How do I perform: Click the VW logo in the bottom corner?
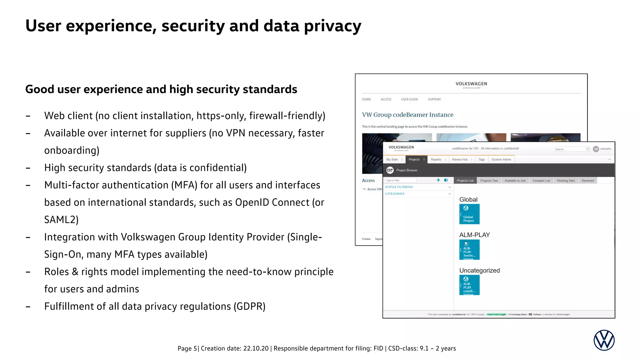coord(604,340)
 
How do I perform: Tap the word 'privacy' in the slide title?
coord(332,26)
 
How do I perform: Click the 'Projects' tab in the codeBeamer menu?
coord(414,159)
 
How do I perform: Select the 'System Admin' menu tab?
coord(501,159)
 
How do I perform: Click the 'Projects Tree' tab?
coord(489,181)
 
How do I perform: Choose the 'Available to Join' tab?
coord(515,181)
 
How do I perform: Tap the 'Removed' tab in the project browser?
coord(587,181)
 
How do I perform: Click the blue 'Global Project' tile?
coord(469,214)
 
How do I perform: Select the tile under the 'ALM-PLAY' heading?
coord(469,250)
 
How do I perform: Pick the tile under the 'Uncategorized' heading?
coord(469,285)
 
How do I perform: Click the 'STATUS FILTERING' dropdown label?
coord(399,187)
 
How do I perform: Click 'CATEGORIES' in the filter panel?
coord(395,194)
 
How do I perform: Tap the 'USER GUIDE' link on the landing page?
coord(409,99)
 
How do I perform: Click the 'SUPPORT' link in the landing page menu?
coord(434,99)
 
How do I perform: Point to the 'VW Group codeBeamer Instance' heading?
coord(407,115)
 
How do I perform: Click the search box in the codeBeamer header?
coord(570,149)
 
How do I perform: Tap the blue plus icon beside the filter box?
coord(438,180)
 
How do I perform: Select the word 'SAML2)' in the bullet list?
coord(61,220)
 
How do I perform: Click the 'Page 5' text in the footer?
coord(187,348)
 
